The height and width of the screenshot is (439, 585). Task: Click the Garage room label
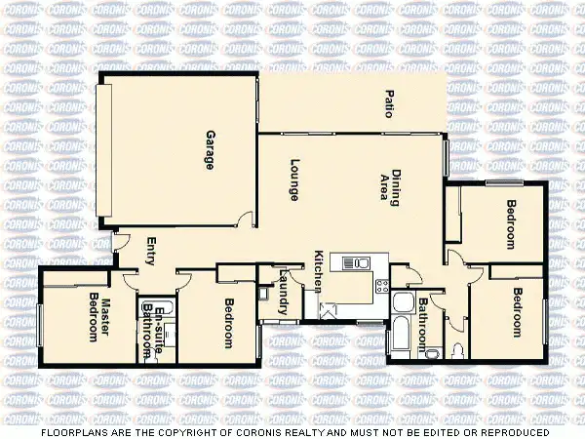click(x=210, y=150)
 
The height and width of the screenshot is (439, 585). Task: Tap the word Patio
click(x=388, y=104)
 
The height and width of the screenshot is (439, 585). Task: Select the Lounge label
click(x=292, y=180)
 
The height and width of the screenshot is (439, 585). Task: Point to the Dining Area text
click(x=389, y=188)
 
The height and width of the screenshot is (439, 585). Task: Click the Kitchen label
click(x=319, y=272)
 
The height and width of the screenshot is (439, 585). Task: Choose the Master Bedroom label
click(x=99, y=318)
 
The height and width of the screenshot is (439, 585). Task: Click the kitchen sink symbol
click(x=355, y=262)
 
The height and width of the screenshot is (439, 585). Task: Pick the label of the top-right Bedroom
click(x=511, y=224)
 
